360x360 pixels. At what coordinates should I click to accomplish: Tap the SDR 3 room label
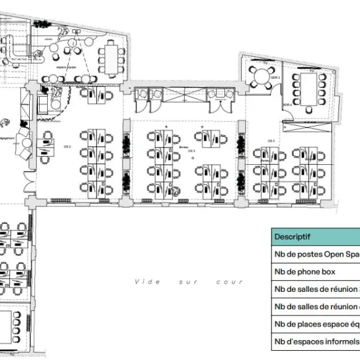tap(278, 77)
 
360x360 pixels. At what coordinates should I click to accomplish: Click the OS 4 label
tap(271, 141)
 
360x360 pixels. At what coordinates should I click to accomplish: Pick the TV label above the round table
tap(265, 63)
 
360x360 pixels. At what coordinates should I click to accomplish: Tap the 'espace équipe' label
tap(67, 66)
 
